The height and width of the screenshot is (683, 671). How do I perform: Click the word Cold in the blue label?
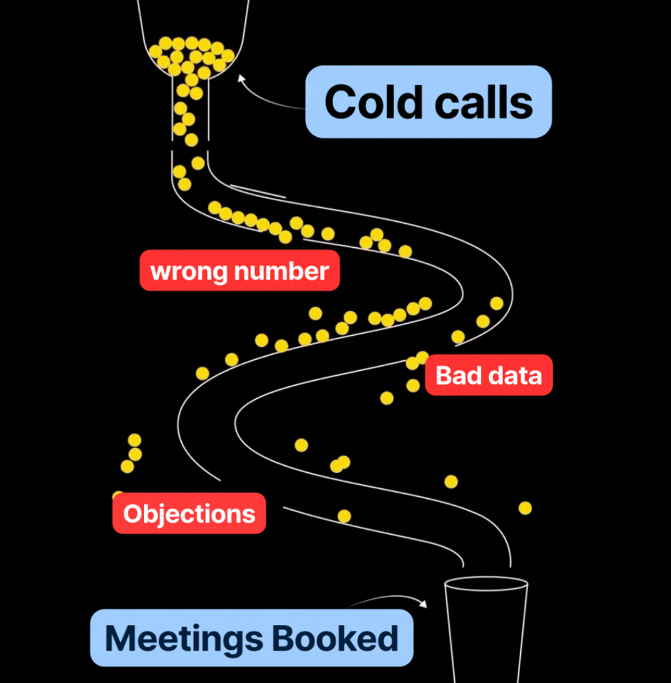[369, 102]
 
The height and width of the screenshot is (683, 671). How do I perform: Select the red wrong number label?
[240, 271]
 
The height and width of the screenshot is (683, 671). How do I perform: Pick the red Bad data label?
[489, 375]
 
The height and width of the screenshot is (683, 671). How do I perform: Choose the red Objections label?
[189, 513]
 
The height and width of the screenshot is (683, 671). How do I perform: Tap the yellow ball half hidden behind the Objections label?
[117, 495]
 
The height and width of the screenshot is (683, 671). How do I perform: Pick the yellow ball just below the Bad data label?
[387, 398]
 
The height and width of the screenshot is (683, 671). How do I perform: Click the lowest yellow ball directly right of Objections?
[344, 515]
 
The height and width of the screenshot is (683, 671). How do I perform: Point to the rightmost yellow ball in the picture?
[525, 508]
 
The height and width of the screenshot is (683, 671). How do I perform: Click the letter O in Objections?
[132, 514]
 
